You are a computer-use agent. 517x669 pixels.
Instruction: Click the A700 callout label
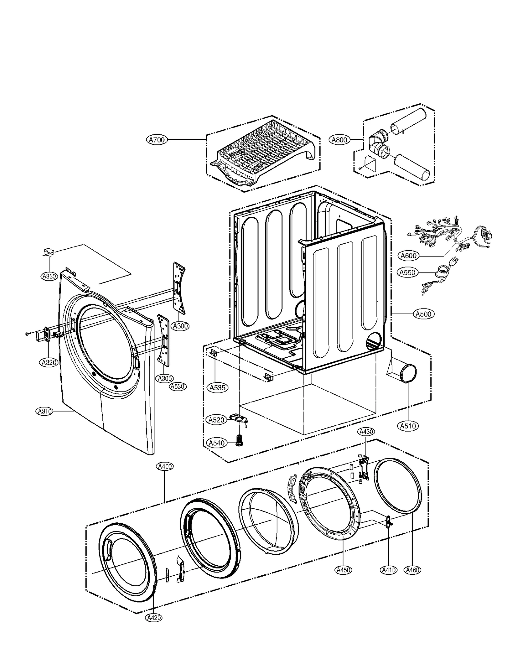tap(157, 140)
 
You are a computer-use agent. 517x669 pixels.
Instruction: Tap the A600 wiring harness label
tap(408, 256)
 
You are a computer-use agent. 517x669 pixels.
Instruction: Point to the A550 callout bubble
tap(407, 272)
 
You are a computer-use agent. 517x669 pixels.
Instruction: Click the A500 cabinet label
tap(424, 314)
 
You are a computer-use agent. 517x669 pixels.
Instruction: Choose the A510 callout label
tap(408, 426)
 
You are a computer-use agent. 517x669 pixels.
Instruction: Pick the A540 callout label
tap(216, 443)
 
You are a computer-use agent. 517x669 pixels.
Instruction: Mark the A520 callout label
tap(216, 420)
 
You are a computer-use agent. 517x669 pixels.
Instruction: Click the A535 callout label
tap(217, 387)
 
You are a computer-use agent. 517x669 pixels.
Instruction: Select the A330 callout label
tap(49, 276)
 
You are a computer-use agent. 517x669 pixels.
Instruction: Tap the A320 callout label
tap(49, 362)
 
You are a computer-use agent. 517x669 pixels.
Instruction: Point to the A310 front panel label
tap(44, 411)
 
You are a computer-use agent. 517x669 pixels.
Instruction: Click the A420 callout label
tap(154, 618)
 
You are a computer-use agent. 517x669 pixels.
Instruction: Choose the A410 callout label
tap(388, 570)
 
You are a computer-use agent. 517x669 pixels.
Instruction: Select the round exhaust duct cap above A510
tap(408, 373)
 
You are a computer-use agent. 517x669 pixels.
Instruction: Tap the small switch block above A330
tap(49, 252)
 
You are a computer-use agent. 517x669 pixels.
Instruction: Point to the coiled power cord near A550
tap(441, 270)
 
